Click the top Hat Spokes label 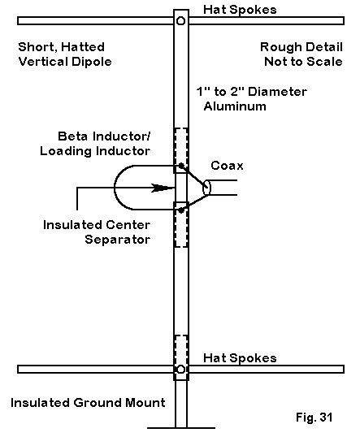(x=240, y=10)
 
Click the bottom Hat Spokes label (x=240, y=358)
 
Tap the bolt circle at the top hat (x=180, y=21)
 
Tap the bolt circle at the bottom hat (x=180, y=370)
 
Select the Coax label (x=227, y=166)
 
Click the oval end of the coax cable (x=206, y=188)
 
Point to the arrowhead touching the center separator (x=163, y=188)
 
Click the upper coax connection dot (x=181, y=166)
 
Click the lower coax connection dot (x=181, y=210)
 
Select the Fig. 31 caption (x=314, y=418)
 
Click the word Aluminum (x=235, y=106)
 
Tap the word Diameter (x=277, y=92)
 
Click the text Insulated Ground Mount (x=88, y=403)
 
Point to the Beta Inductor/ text (x=104, y=136)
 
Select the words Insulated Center (x=97, y=225)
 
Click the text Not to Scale (x=303, y=62)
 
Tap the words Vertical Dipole (x=65, y=62)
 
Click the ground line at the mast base (x=181, y=428)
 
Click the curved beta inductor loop (x=115, y=188)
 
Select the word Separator (x=117, y=240)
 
